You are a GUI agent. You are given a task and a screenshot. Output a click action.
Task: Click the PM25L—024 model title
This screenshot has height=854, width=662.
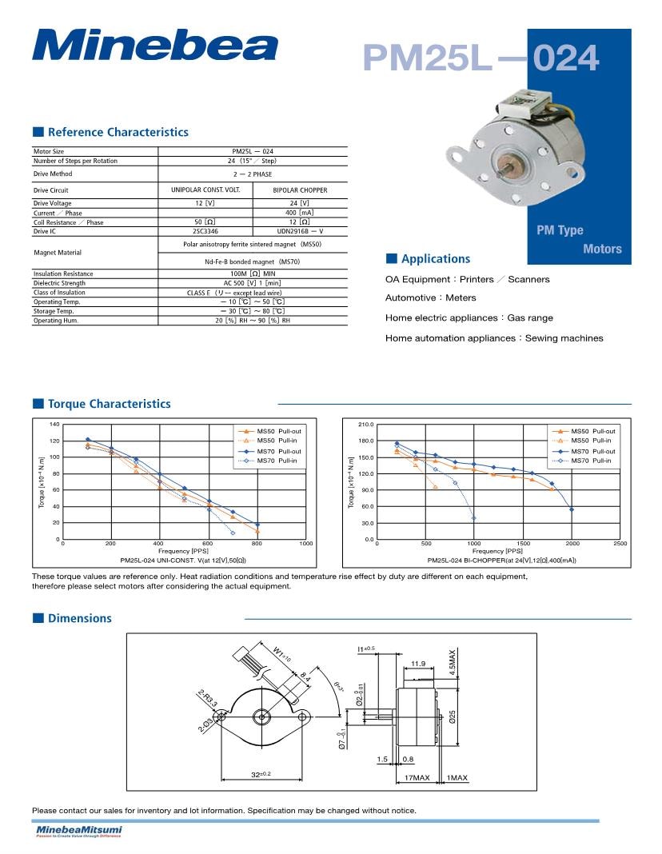[x=481, y=58]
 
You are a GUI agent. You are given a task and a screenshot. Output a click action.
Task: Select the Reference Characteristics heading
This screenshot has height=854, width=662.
[x=118, y=132]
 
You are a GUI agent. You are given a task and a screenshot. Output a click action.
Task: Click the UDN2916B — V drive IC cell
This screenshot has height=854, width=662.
[x=300, y=231]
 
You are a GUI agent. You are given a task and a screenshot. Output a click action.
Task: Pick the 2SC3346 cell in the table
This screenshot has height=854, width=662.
[x=205, y=231]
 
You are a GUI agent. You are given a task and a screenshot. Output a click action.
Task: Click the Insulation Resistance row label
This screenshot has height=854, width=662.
[x=63, y=273]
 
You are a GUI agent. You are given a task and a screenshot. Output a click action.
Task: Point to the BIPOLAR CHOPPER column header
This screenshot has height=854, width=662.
[x=300, y=190]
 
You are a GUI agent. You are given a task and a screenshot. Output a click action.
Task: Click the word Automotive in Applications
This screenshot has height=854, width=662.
[x=409, y=297]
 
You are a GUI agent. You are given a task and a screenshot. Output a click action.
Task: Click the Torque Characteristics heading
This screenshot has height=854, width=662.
[x=109, y=404]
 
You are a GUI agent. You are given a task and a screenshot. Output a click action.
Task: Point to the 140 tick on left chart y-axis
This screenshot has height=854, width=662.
[x=54, y=424]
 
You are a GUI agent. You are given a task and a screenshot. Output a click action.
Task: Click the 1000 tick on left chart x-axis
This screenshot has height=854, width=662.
[x=305, y=544]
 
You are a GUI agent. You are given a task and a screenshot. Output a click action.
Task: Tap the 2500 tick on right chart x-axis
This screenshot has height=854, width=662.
[x=620, y=544]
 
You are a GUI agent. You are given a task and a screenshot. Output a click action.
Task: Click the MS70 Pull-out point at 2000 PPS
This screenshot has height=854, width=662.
[x=572, y=509]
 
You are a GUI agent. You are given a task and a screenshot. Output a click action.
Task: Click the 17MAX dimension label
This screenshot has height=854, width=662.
[x=417, y=777]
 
